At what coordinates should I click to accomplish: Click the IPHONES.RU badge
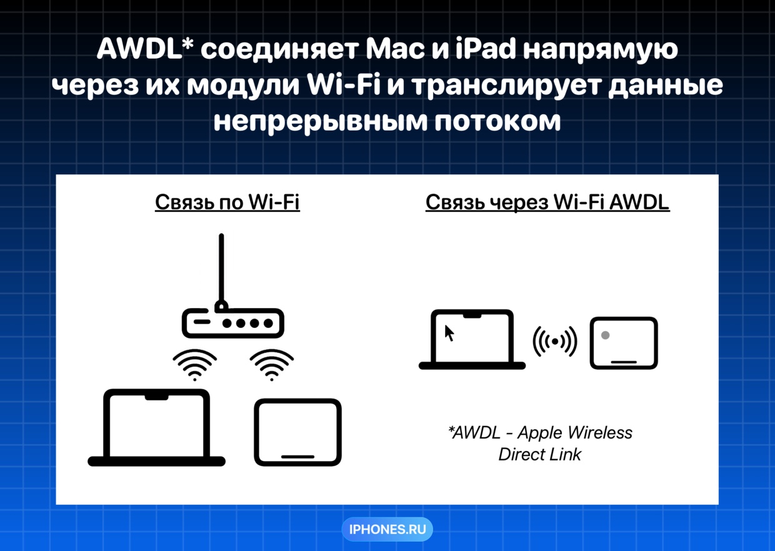coord(387,529)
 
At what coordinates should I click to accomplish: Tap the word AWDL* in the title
coord(145,49)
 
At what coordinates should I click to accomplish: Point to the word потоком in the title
coord(497,122)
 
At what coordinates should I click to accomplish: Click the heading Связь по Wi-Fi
coord(227,202)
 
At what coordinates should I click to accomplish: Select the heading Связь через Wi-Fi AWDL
coord(547,202)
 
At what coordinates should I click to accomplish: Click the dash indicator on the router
coord(202,322)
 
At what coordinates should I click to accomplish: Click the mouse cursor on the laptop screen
coord(449,333)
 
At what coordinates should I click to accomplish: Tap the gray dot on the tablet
coord(605,335)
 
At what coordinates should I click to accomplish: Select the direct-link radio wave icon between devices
coord(555,341)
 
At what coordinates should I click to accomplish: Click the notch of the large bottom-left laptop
coord(156,397)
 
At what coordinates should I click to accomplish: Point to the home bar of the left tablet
coord(297,457)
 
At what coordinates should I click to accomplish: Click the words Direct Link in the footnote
coord(540,454)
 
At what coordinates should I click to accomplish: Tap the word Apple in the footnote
coord(540,433)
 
